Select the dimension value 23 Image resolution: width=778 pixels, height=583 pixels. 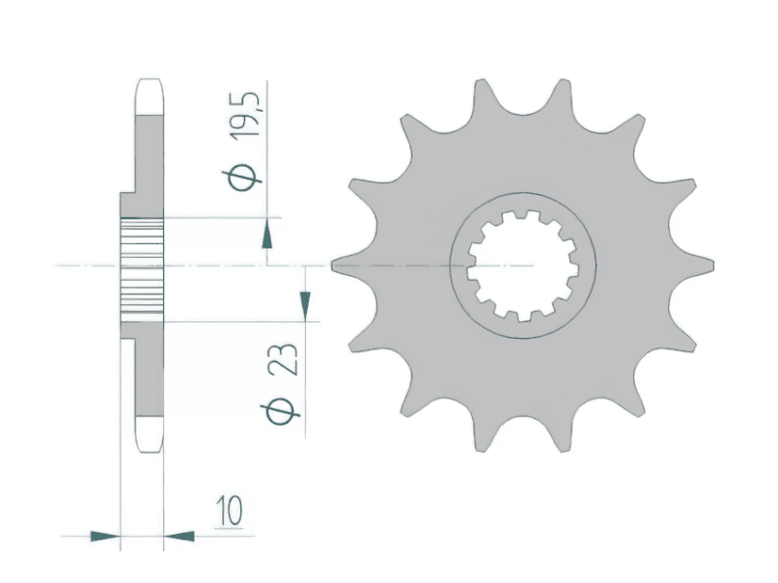tap(283, 359)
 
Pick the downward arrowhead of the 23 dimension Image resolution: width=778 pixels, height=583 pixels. tap(305, 306)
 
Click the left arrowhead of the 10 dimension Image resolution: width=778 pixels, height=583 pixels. tap(105, 536)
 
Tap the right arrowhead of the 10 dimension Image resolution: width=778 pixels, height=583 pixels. tap(179, 536)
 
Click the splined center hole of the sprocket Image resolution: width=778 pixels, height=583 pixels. tap(523, 265)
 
